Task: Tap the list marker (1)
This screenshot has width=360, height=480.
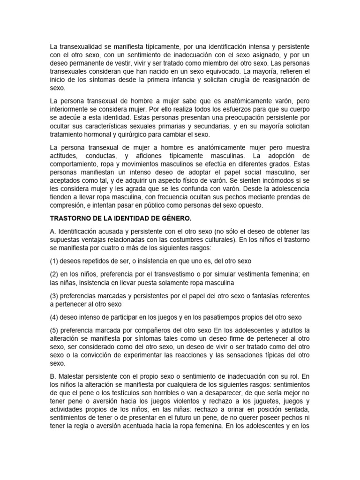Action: pos(54,261)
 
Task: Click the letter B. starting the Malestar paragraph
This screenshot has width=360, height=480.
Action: pos(53,375)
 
